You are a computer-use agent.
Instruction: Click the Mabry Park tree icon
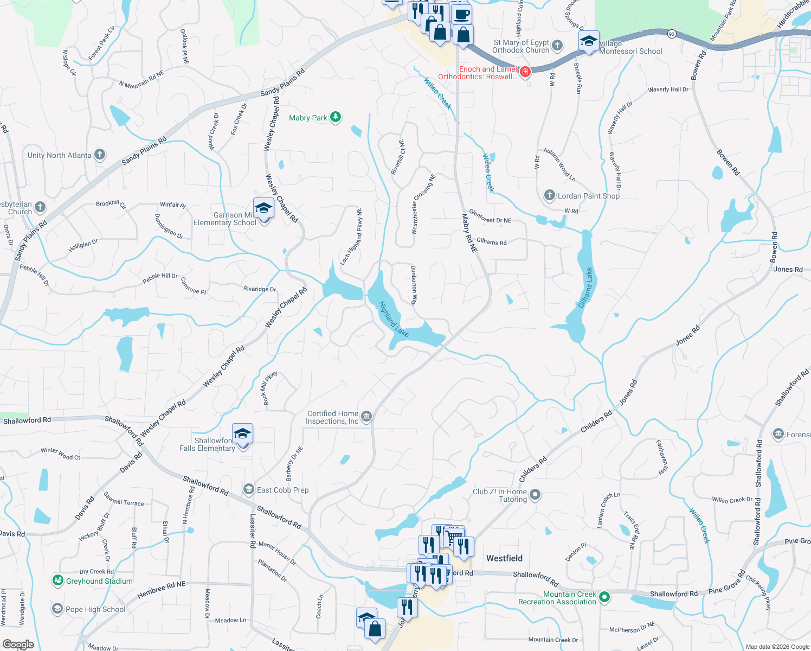(336, 117)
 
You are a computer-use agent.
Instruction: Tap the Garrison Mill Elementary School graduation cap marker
(263, 209)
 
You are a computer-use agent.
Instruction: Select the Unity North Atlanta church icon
(100, 155)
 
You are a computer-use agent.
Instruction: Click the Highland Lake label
(394, 319)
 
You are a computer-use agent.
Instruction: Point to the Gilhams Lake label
(585, 288)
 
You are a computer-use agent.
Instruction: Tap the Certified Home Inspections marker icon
(366, 417)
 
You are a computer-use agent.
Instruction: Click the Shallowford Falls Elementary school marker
(242, 434)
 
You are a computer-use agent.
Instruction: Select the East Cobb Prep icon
(249, 489)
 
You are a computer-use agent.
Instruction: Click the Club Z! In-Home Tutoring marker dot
(535, 494)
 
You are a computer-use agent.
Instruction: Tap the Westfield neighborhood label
(504, 558)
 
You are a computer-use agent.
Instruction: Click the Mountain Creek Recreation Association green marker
(604, 597)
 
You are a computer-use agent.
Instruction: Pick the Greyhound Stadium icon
(57, 581)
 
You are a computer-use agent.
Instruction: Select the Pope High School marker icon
(57, 609)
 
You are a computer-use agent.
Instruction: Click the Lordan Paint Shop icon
(550, 195)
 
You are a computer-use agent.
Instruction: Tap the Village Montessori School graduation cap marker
(589, 41)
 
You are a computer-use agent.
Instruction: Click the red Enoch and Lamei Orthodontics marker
(525, 72)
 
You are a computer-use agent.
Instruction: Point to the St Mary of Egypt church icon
(557, 46)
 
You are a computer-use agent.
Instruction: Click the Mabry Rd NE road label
(469, 233)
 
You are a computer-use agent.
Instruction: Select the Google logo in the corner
(18, 644)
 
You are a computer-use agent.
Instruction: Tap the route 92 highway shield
(672, 34)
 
